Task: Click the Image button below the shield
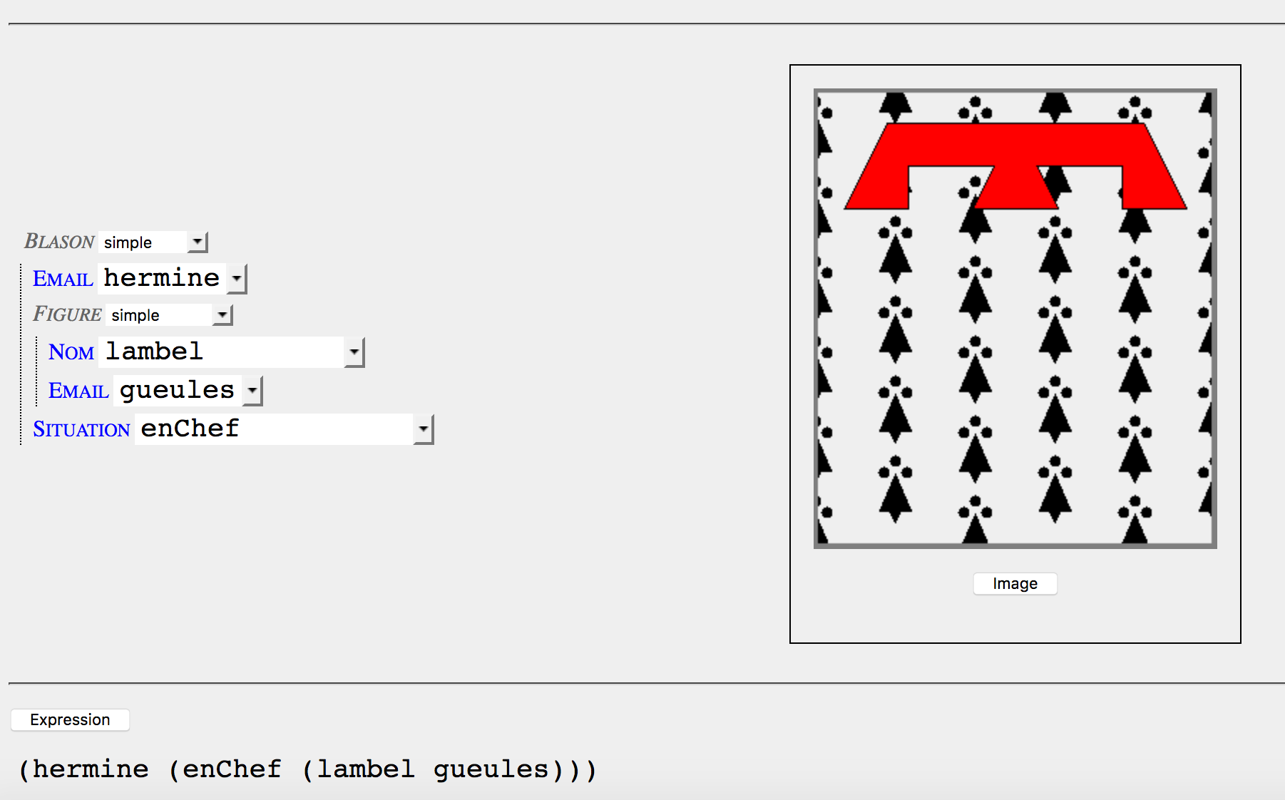[x=1015, y=583]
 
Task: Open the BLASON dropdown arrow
[x=198, y=242]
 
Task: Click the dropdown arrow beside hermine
[x=237, y=279]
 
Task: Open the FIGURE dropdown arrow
[x=222, y=315]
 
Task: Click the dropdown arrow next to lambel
[x=354, y=352]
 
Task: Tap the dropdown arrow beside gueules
[x=252, y=391]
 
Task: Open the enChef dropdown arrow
[x=424, y=429]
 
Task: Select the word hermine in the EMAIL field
[x=162, y=278]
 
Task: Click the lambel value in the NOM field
[x=155, y=352]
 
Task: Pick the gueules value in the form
[x=177, y=390]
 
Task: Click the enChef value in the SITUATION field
[x=190, y=429]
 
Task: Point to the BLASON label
[x=59, y=242]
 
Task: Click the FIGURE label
[x=67, y=314]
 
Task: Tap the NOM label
[x=71, y=352]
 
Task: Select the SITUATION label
[x=81, y=429]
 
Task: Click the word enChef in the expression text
[x=232, y=769]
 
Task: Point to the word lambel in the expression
[x=366, y=769]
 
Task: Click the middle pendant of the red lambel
[x=1015, y=188]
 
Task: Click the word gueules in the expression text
[x=491, y=769]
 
